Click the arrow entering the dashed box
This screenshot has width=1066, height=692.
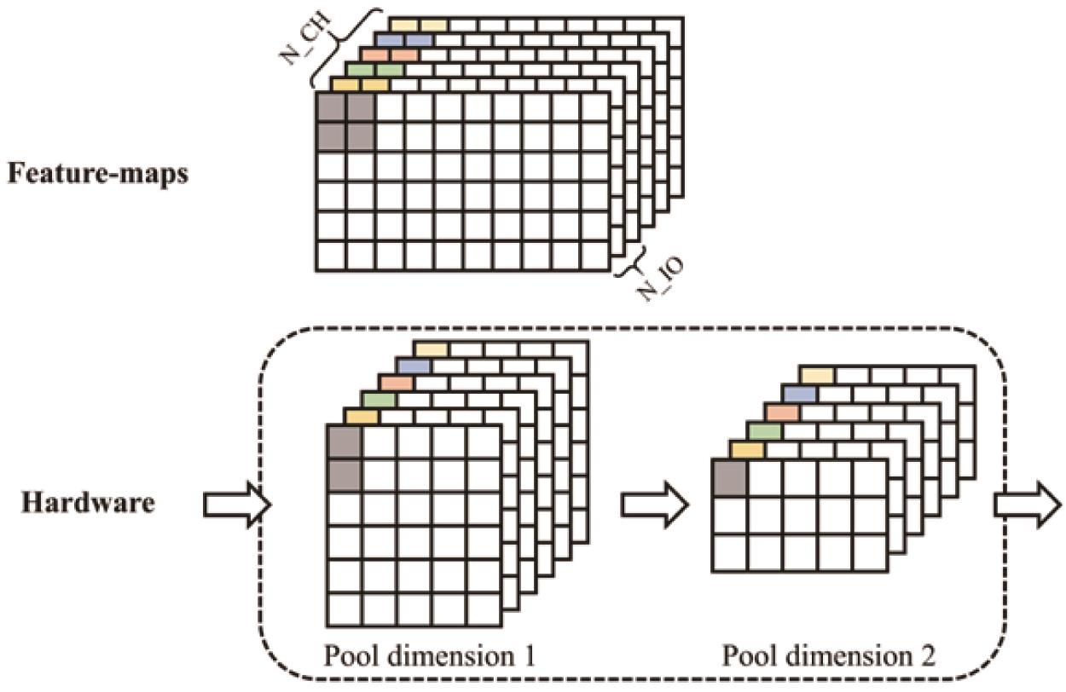235,506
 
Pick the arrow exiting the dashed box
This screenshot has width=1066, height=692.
1027,506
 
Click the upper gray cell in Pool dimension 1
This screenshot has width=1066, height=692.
345,441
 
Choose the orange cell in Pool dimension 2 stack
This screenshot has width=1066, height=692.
782,412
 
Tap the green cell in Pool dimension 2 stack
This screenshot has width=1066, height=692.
765,431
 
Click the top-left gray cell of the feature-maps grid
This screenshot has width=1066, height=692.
330,108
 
